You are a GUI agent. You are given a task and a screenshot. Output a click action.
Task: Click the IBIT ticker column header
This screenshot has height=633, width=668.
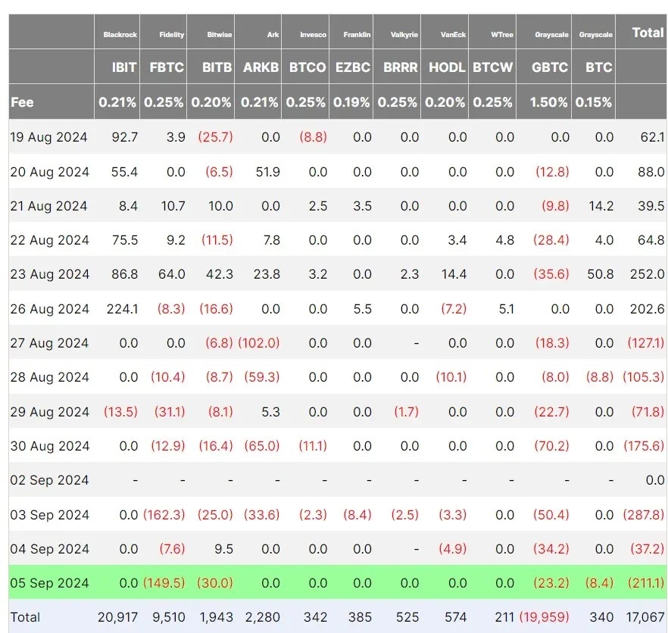tap(124, 67)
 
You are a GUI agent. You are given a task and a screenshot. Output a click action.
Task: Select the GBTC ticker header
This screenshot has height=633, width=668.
tap(549, 67)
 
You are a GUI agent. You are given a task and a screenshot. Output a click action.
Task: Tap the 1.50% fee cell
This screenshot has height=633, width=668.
tap(549, 102)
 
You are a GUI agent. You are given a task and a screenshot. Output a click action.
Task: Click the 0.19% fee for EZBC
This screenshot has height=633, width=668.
tap(352, 102)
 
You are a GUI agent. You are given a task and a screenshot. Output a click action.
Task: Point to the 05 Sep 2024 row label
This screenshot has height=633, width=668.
tap(49, 583)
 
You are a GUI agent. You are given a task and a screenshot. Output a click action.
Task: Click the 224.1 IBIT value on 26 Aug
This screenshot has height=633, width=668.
tap(122, 309)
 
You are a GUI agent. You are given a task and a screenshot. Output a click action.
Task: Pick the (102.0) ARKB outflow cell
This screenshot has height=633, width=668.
tap(258, 343)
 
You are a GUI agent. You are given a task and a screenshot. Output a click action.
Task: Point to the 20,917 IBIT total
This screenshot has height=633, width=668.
tap(117, 617)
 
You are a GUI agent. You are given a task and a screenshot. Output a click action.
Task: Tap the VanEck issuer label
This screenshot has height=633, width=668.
tap(453, 35)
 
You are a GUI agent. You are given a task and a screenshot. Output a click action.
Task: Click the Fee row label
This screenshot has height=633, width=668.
tap(22, 102)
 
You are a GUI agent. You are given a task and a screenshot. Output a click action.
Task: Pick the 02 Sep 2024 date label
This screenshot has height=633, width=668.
tap(49, 480)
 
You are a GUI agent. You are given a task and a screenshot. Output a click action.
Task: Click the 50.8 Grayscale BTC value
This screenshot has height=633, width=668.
tap(600, 274)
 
